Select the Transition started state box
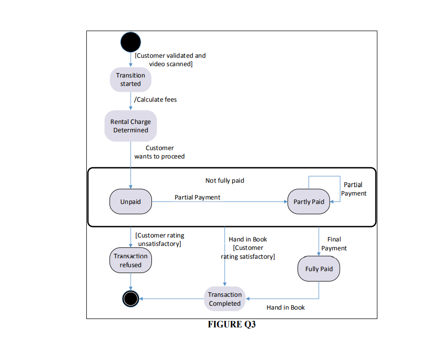131,80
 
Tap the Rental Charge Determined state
131,126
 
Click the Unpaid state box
131,201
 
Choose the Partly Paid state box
309,201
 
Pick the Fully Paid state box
319,269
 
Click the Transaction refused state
131,260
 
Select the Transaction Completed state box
224,299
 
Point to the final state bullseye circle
131,298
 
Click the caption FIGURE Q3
231,325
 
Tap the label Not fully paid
225,181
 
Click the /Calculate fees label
155,100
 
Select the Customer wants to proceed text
159,152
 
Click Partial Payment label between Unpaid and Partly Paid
197,197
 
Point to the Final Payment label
334,244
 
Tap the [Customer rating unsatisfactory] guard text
160,240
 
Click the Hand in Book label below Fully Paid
286,308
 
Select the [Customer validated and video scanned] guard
170,60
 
